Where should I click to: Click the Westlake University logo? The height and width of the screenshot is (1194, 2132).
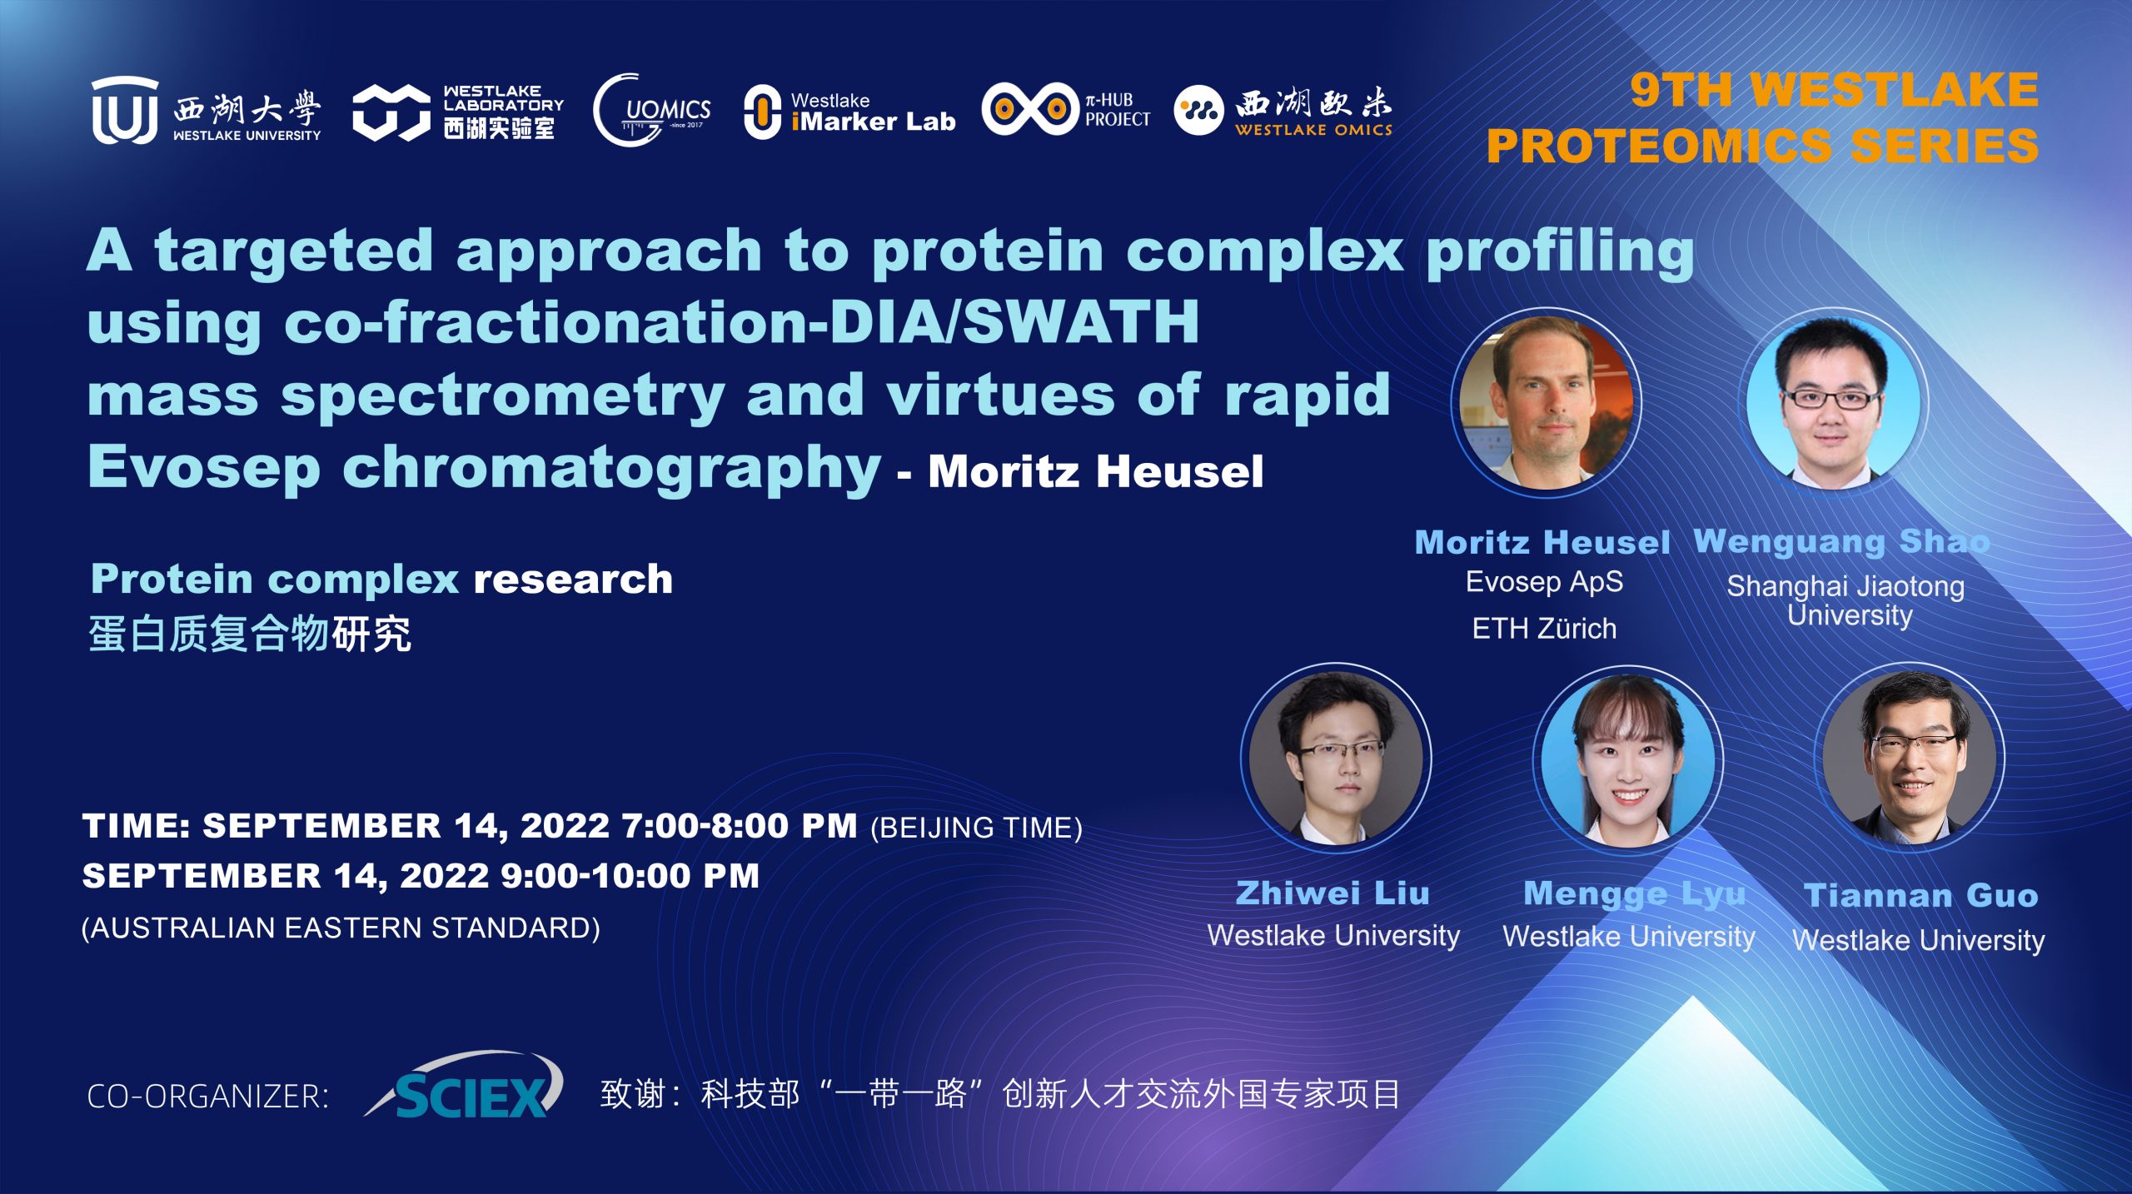[x=206, y=110]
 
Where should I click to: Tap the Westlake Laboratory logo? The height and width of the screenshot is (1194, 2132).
[x=458, y=112]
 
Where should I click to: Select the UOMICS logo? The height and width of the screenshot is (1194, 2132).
[x=652, y=111]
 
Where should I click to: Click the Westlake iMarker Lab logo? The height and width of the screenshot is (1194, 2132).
[x=849, y=112]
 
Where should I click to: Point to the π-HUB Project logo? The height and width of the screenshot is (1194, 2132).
[x=1066, y=109]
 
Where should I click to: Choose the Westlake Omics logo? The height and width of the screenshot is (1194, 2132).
[x=1283, y=111]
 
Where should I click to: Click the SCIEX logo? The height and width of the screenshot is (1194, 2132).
[x=465, y=1085]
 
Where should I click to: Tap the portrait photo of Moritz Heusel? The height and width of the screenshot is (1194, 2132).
[x=1546, y=403]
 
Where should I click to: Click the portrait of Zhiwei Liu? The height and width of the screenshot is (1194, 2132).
[x=1336, y=758]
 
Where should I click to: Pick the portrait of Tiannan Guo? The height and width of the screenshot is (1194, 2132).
[x=1910, y=758]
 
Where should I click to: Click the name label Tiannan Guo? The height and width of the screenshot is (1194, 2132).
[x=1920, y=896]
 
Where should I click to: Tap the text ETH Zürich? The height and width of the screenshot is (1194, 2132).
[x=1544, y=629]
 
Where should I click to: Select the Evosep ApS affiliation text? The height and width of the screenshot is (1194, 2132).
[x=1544, y=582]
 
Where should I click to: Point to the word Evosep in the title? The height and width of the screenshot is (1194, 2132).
[x=204, y=469]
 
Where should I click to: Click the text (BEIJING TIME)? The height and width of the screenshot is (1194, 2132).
[x=976, y=828]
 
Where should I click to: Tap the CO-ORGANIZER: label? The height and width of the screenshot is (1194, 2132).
[x=208, y=1097]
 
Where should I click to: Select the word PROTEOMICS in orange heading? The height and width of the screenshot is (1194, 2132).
[x=1658, y=146]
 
